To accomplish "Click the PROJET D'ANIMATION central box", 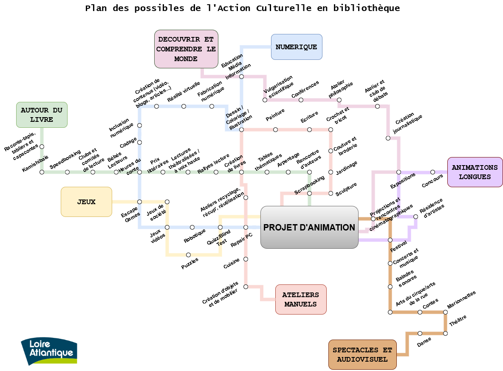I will pos(309,227).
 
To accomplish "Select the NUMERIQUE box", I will pos(297,47).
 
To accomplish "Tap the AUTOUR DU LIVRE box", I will pos(42,115).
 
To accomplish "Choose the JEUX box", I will pos(86,202).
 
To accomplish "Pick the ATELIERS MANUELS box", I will pos(301,299).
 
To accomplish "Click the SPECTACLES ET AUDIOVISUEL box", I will pos(362,354).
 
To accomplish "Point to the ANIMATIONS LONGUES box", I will pos(475,172).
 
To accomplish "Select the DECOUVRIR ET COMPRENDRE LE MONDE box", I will pos(186,49).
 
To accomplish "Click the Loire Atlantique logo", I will pos(49,351).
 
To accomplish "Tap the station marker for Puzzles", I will pos(188,255).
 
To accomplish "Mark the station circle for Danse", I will pos(420,333).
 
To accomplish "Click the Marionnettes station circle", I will pos(445,312).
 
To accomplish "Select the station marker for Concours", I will pos(432,172).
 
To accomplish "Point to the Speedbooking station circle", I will pos(67,172).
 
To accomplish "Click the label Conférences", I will pos(305,90).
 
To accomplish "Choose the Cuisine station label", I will pos(232,263).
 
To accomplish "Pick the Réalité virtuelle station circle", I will pos(184,106).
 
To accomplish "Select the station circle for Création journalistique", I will pos(388,138).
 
